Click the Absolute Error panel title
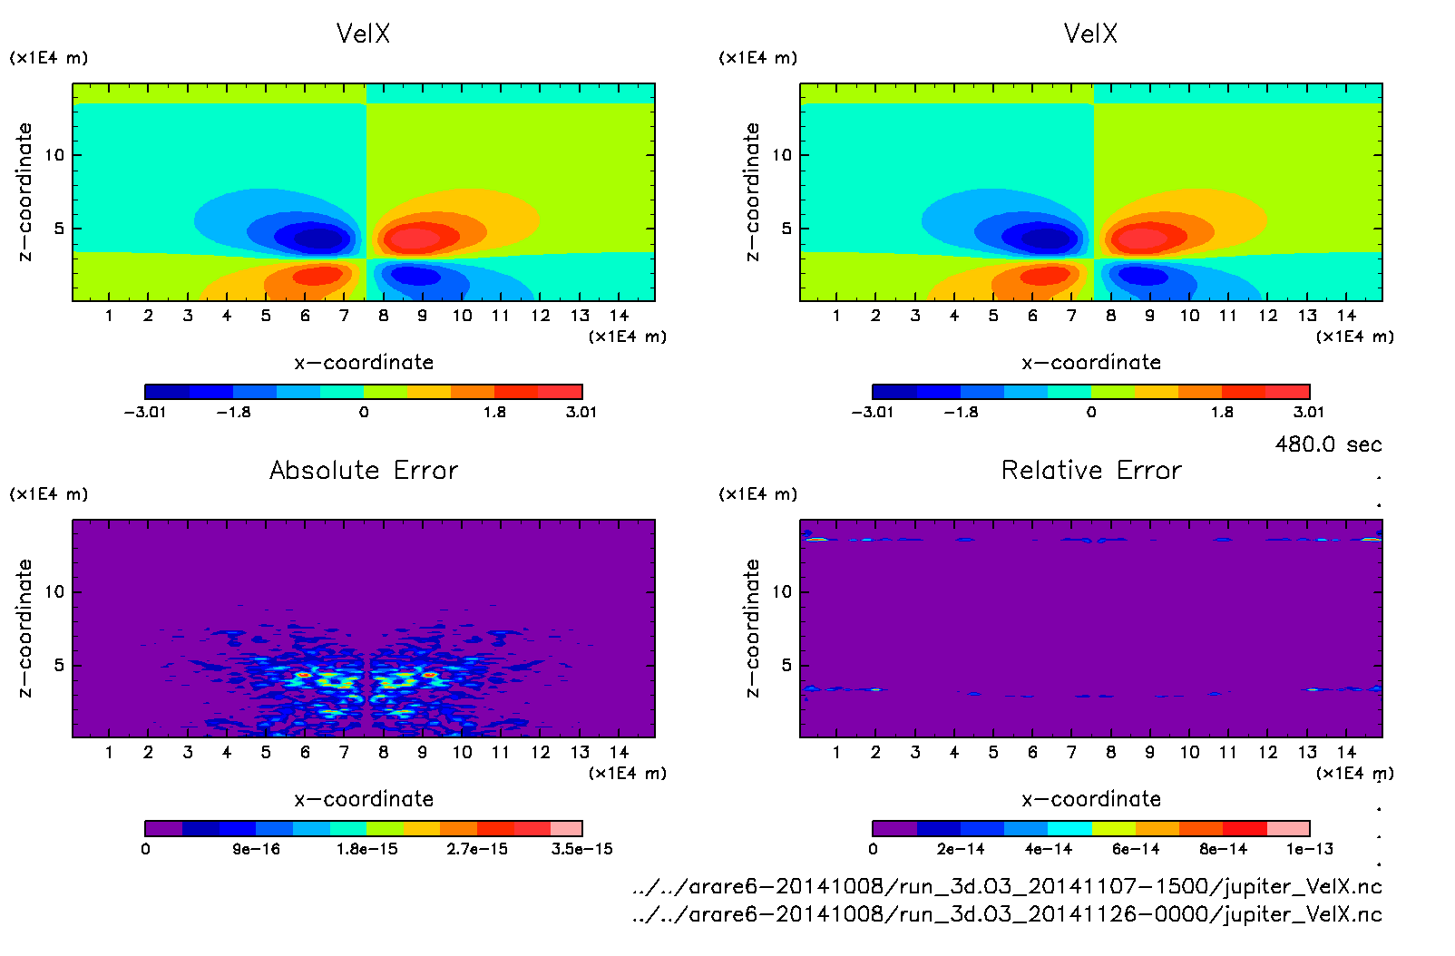364,470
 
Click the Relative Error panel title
1091,470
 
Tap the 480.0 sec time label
1328,444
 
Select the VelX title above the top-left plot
363,34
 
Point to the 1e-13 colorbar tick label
1309,849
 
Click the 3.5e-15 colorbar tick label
581,849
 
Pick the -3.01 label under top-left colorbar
145,412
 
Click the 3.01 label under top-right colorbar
1308,412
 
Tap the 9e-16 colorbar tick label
256,849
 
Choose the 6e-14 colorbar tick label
1136,849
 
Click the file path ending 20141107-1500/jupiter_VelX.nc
1007,886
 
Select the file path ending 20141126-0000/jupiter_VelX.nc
1007,914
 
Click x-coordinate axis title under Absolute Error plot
364,799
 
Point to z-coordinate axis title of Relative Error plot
752,628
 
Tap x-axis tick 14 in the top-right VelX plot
1346,316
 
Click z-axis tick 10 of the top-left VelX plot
54,155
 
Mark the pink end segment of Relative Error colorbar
1288,828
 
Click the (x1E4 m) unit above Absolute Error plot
49,494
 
